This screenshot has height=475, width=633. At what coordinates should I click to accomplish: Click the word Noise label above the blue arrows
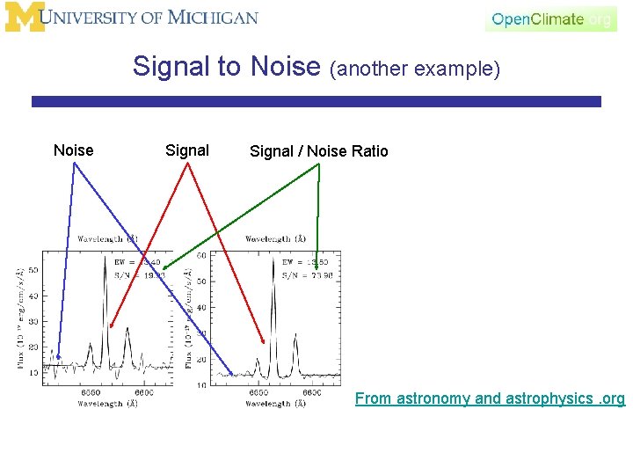(73, 150)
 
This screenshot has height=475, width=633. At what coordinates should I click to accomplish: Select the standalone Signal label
(187, 150)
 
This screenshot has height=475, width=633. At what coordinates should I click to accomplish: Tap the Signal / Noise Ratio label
(318, 151)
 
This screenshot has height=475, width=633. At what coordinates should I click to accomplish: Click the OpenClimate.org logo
(551, 18)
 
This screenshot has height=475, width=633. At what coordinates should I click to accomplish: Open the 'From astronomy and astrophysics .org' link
(490, 398)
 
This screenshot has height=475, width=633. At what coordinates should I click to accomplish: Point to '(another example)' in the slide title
(415, 69)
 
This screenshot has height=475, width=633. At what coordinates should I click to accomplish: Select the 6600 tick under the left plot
(144, 392)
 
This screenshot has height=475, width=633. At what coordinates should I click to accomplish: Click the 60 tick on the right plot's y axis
(201, 255)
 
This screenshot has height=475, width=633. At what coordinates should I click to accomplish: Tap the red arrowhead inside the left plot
(111, 326)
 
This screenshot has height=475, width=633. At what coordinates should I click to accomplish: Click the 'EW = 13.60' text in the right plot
(306, 261)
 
